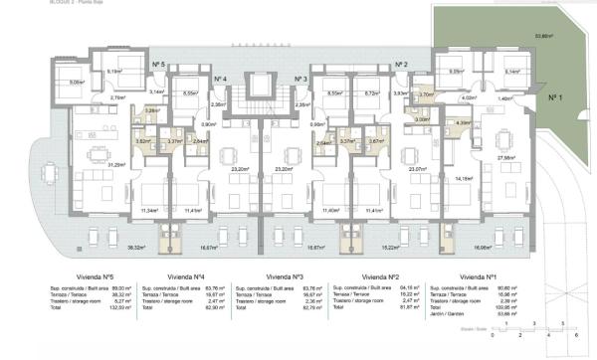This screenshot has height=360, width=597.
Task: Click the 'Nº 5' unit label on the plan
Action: [159, 63]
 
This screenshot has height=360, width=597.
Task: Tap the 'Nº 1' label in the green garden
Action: [555, 97]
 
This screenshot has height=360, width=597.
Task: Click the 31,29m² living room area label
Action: [89, 164]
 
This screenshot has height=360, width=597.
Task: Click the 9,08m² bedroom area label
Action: [49, 83]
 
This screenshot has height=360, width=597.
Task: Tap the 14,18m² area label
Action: [491, 179]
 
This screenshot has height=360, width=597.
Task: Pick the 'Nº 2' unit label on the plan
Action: [402, 63]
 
